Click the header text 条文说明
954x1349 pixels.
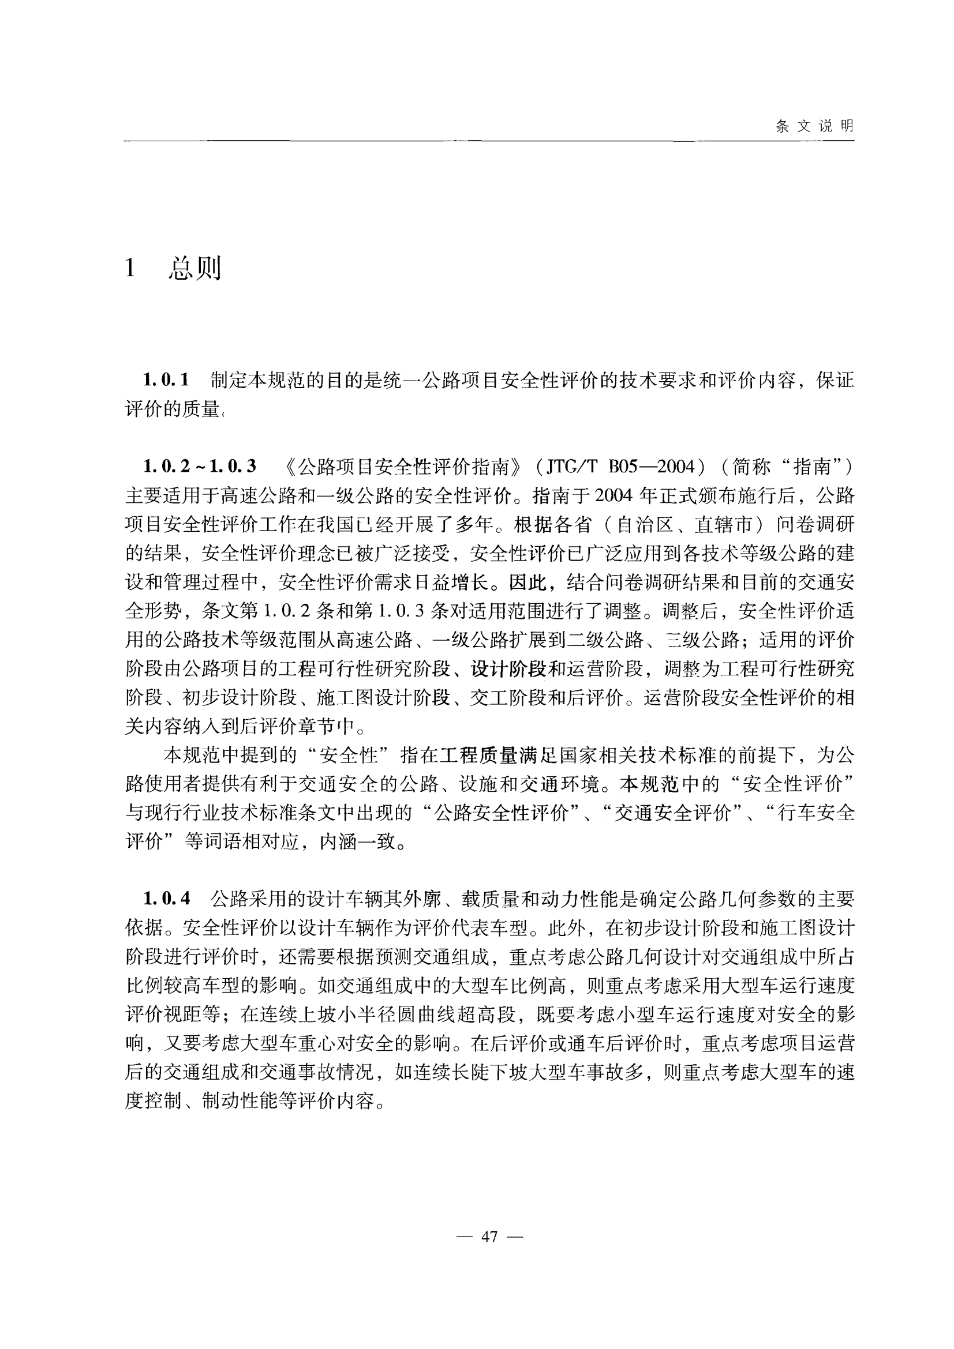click(814, 126)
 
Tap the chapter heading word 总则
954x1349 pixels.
click(194, 269)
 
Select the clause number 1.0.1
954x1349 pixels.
click(166, 380)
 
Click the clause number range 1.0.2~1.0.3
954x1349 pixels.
click(199, 467)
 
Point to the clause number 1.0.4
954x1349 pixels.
click(166, 899)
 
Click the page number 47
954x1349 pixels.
click(489, 1237)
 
